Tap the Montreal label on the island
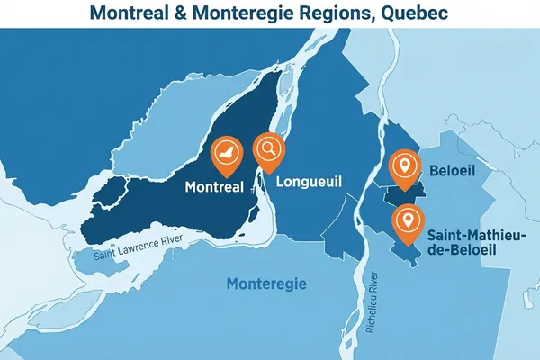213,187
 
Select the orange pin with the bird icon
226,154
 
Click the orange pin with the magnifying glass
268,149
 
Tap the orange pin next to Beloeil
405,166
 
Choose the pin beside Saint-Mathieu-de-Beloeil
409,220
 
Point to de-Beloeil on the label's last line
477,252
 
